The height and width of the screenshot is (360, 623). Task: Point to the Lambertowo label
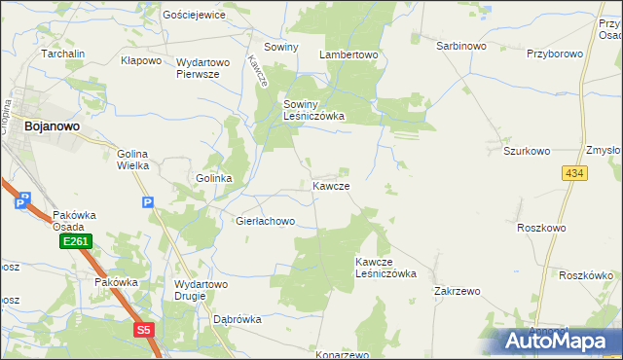coord(348,54)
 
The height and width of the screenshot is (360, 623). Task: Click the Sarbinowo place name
coord(460,46)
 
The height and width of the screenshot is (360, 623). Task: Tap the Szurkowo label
coord(527,152)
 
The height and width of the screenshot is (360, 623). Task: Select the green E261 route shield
coord(75,240)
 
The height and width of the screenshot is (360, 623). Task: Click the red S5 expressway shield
coord(144,330)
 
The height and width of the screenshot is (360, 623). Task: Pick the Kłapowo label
coord(140,60)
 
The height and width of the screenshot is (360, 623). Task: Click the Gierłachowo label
coord(265,221)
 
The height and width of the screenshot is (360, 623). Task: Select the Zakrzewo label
coord(458,291)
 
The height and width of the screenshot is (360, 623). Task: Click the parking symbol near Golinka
coord(147,202)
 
